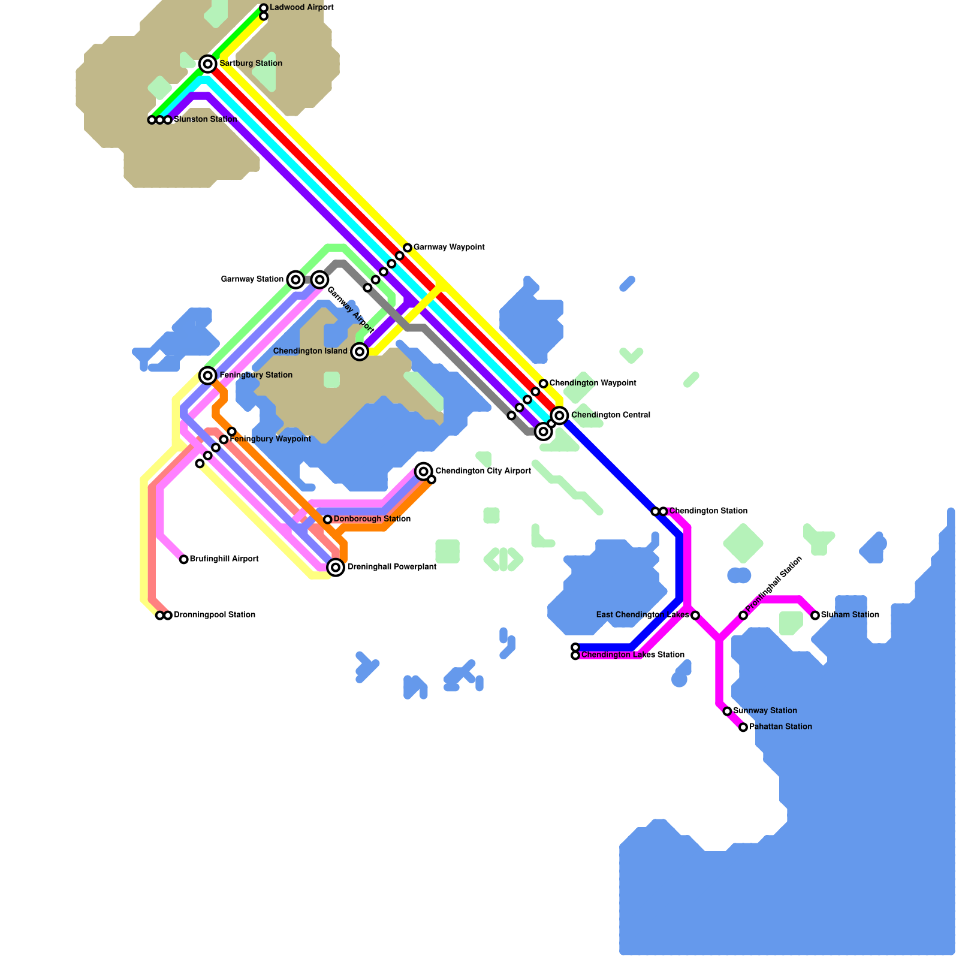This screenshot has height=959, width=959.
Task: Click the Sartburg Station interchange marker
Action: (x=208, y=64)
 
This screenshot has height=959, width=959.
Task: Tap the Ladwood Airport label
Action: (x=301, y=7)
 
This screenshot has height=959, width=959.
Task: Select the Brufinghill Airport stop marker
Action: (x=184, y=559)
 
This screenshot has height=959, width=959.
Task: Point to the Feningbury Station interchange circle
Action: (x=208, y=375)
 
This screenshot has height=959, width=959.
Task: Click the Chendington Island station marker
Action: (x=360, y=351)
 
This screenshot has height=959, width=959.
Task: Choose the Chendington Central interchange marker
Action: (x=560, y=415)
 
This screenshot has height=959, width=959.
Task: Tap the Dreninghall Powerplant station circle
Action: (x=336, y=567)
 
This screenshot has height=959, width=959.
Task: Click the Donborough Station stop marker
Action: (x=327, y=519)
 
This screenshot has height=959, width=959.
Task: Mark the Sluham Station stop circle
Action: (x=815, y=615)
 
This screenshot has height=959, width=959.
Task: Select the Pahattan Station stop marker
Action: (x=743, y=727)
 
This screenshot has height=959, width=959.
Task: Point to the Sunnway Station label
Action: (x=765, y=711)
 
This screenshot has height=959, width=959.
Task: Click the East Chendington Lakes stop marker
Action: (x=695, y=615)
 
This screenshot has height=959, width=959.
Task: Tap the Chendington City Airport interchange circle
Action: (x=424, y=471)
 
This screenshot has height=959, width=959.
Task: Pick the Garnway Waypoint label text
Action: (x=449, y=247)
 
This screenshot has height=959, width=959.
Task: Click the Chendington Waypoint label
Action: (x=593, y=383)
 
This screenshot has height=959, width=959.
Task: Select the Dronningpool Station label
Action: (x=215, y=615)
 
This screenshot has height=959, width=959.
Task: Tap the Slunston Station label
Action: (x=206, y=119)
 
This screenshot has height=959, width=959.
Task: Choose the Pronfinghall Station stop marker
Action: (x=743, y=615)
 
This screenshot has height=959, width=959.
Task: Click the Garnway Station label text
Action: (x=252, y=279)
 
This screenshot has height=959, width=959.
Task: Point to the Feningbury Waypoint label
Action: (x=270, y=439)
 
